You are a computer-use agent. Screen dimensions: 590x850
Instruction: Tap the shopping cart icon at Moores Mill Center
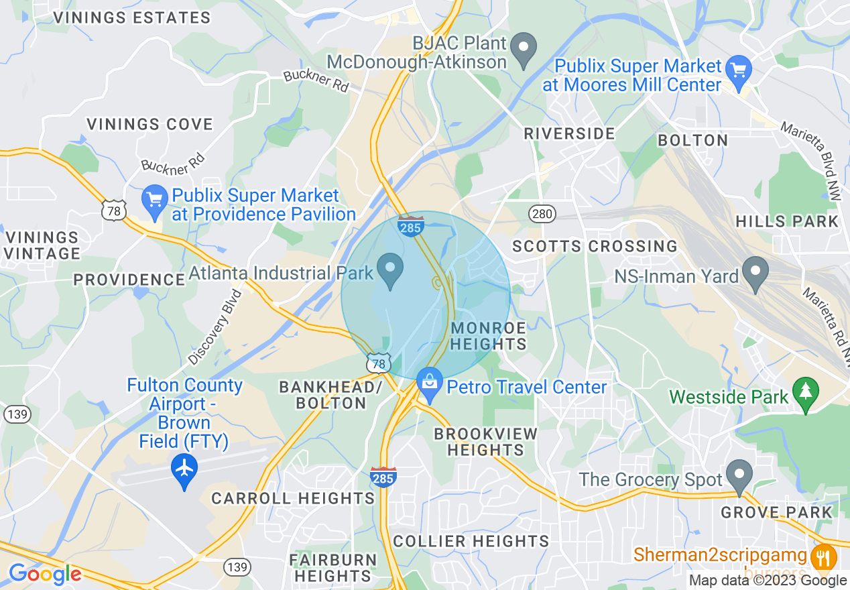(739, 69)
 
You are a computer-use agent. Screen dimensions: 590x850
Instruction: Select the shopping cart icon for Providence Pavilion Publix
(156, 200)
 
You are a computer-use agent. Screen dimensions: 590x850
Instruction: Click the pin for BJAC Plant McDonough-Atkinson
(524, 49)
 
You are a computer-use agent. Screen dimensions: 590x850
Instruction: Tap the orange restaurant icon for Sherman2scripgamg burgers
(823, 556)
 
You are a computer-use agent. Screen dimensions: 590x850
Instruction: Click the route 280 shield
(542, 214)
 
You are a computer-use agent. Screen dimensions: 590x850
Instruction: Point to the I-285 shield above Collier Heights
(383, 476)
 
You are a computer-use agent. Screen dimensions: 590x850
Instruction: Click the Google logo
(44, 573)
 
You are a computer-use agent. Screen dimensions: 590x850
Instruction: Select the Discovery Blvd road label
(215, 327)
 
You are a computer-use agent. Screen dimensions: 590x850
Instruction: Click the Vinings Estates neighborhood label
(131, 18)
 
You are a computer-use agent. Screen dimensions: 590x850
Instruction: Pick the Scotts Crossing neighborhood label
(595, 246)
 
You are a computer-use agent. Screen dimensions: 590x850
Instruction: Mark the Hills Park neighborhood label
(786, 221)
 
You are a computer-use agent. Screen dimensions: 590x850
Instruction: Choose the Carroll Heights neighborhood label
(293, 498)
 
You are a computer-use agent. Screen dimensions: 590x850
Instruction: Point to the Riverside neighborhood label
(569, 133)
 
